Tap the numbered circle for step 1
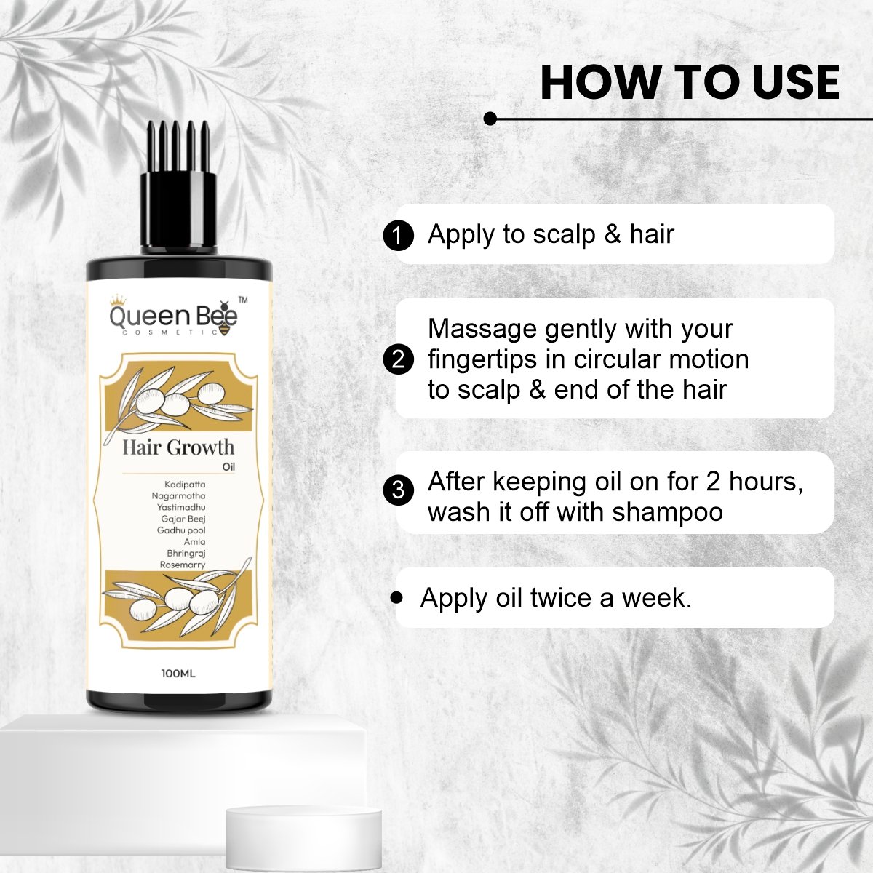(x=398, y=236)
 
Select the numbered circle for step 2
(x=398, y=359)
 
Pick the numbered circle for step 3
(x=398, y=490)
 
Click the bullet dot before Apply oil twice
(x=396, y=597)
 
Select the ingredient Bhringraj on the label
(x=186, y=554)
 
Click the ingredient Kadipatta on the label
(x=185, y=485)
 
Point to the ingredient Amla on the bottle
(x=194, y=542)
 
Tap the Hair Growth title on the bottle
(x=178, y=447)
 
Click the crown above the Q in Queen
(x=119, y=300)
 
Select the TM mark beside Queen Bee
(x=243, y=300)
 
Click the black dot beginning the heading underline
(x=490, y=119)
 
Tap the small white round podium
(x=303, y=836)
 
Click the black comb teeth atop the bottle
(x=178, y=146)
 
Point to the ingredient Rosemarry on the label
(x=183, y=565)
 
